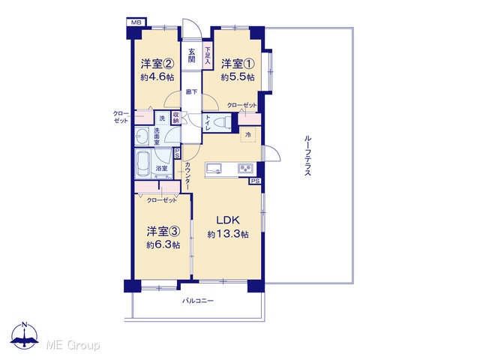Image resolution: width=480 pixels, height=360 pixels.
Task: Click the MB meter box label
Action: point(136,22)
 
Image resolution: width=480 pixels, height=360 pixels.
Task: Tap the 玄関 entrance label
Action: point(192,55)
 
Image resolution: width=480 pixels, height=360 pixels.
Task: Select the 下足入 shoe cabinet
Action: point(208,55)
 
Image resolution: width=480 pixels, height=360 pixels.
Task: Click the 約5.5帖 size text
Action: point(238,77)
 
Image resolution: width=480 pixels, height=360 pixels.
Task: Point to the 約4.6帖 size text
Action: point(157,77)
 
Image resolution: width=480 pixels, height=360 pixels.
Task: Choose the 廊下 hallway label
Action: point(192,91)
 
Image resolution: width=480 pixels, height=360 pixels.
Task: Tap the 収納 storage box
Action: point(175,118)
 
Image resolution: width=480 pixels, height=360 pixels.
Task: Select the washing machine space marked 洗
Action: point(162,118)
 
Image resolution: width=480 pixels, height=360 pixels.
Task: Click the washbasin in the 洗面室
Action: point(142,136)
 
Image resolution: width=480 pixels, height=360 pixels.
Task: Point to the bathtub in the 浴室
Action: point(142,164)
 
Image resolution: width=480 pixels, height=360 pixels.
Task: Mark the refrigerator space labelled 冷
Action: point(248,134)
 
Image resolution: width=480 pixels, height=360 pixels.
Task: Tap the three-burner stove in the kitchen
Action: point(246,168)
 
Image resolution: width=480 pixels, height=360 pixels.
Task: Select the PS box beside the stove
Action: point(255,181)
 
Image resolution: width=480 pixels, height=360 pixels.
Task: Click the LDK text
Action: point(228,220)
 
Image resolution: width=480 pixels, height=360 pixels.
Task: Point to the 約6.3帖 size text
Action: point(163,245)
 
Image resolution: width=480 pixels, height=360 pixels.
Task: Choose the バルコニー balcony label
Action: point(198,301)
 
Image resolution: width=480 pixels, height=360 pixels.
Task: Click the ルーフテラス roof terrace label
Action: point(307,155)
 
